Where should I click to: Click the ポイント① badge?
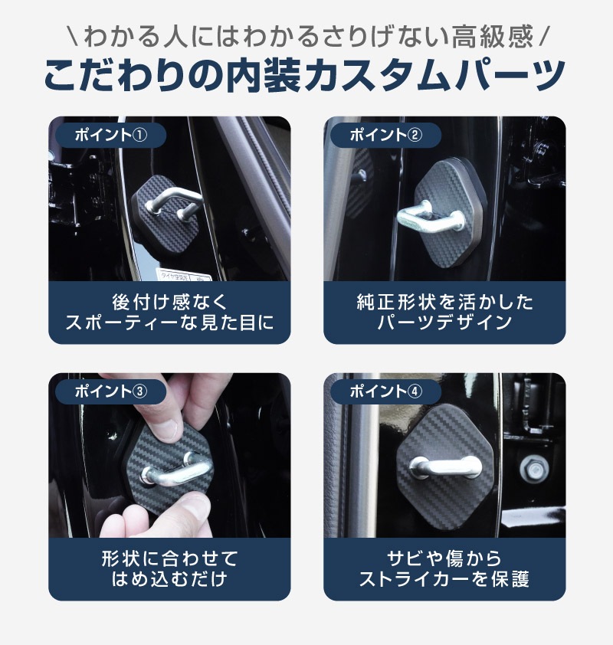click(110, 135)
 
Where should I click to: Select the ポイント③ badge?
click(110, 391)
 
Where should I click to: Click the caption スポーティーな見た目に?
click(169, 322)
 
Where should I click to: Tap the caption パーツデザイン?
click(444, 322)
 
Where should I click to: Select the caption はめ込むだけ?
click(169, 578)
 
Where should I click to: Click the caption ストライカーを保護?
click(444, 578)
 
